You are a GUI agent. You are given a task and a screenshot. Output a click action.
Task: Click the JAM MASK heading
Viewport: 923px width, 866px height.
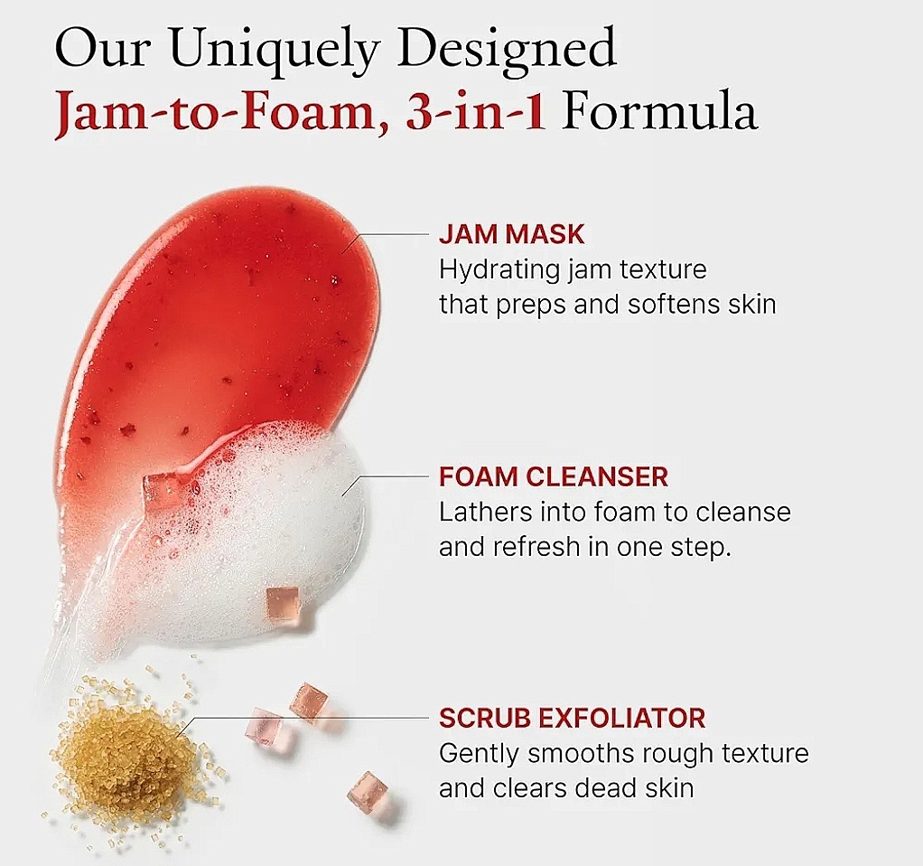pyautogui.click(x=511, y=235)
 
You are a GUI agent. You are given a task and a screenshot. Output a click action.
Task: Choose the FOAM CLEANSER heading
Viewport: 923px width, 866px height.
pyautogui.click(x=554, y=476)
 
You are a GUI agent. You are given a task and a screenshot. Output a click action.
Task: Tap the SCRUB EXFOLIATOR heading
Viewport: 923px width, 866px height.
pyautogui.click(x=572, y=719)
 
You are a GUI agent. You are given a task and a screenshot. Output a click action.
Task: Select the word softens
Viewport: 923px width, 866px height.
pyautogui.click(x=669, y=304)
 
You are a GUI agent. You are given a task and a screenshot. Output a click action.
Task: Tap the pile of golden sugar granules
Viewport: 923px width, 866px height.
pyautogui.click(x=126, y=754)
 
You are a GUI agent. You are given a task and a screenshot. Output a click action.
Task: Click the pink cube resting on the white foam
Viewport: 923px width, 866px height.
pyautogui.click(x=282, y=601)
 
